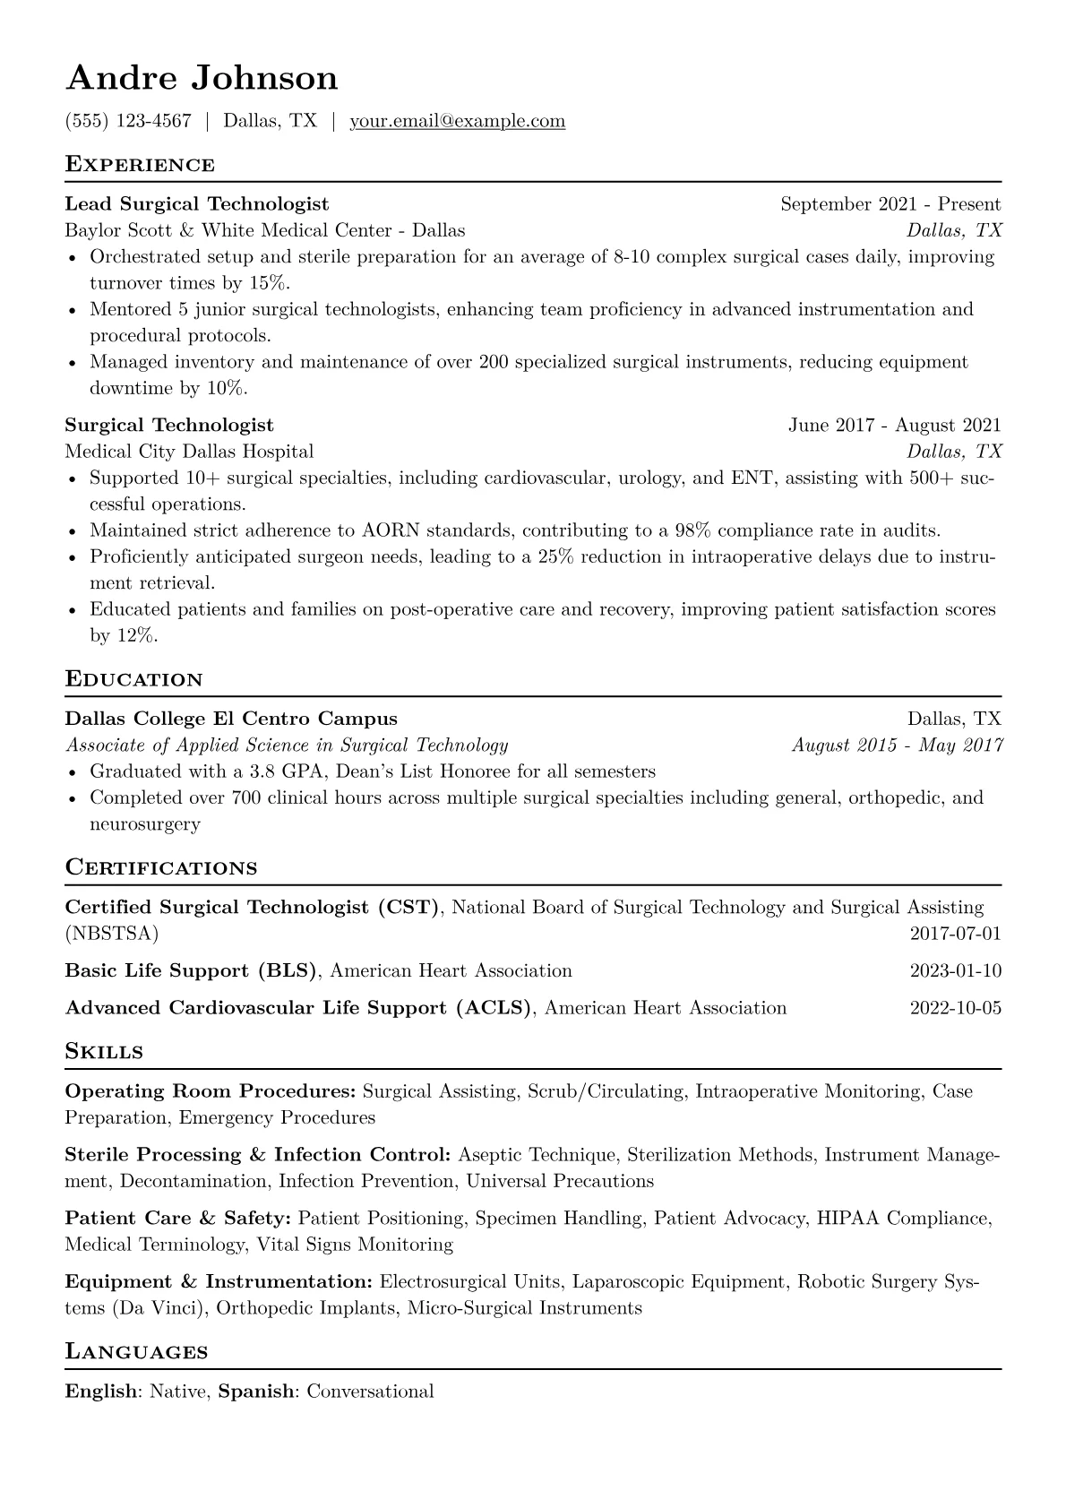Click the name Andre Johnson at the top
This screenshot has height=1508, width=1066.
coord(202,78)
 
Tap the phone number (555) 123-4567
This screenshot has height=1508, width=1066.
coord(128,121)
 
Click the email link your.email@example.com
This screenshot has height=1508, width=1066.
coord(457,121)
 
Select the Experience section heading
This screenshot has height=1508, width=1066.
coord(140,165)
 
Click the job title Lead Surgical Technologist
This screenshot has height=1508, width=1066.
coord(197,204)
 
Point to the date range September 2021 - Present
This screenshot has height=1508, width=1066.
coord(890,204)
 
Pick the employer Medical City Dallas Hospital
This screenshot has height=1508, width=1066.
coord(189,452)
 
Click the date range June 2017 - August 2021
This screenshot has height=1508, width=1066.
coord(894,425)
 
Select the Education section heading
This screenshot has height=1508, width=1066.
coord(134,679)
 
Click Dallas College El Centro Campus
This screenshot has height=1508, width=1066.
coord(231,719)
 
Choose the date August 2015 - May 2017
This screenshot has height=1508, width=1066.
coord(897,745)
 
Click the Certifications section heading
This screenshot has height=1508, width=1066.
coord(161,868)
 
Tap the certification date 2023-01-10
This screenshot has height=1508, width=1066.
coord(955,971)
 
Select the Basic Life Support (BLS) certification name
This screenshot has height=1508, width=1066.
coord(192,971)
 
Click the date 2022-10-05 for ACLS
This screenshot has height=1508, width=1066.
coord(955,1008)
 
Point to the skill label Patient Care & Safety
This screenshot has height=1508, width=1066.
coord(177,1219)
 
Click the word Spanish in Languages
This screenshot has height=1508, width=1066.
coord(256,1392)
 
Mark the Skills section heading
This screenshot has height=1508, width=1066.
coord(104,1052)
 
